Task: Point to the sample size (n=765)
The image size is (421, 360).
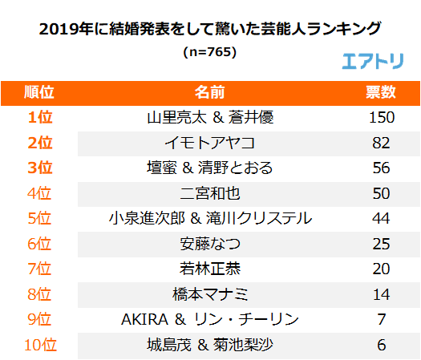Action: [x=210, y=51]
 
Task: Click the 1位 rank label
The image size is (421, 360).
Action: [x=39, y=117]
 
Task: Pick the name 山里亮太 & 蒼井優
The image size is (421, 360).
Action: [x=210, y=117]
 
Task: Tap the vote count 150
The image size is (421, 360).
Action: [x=381, y=117]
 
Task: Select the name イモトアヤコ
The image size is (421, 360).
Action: [x=210, y=143]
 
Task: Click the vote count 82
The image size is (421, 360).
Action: [x=381, y=143]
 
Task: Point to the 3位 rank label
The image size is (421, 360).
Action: [x=39, y=168]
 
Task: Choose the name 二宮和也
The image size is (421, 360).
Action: [x=210, y=193]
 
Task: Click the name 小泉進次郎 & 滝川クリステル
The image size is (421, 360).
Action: [x=210, y=218]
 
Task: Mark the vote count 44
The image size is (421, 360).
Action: [x=381, y=218]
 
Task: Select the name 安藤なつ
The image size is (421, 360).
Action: [x=210, y=244]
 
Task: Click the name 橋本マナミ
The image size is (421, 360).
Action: [x=210, y=294]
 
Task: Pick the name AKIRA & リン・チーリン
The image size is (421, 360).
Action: [x=210, y=320]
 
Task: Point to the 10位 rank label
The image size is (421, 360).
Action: [x=39, y=346]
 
